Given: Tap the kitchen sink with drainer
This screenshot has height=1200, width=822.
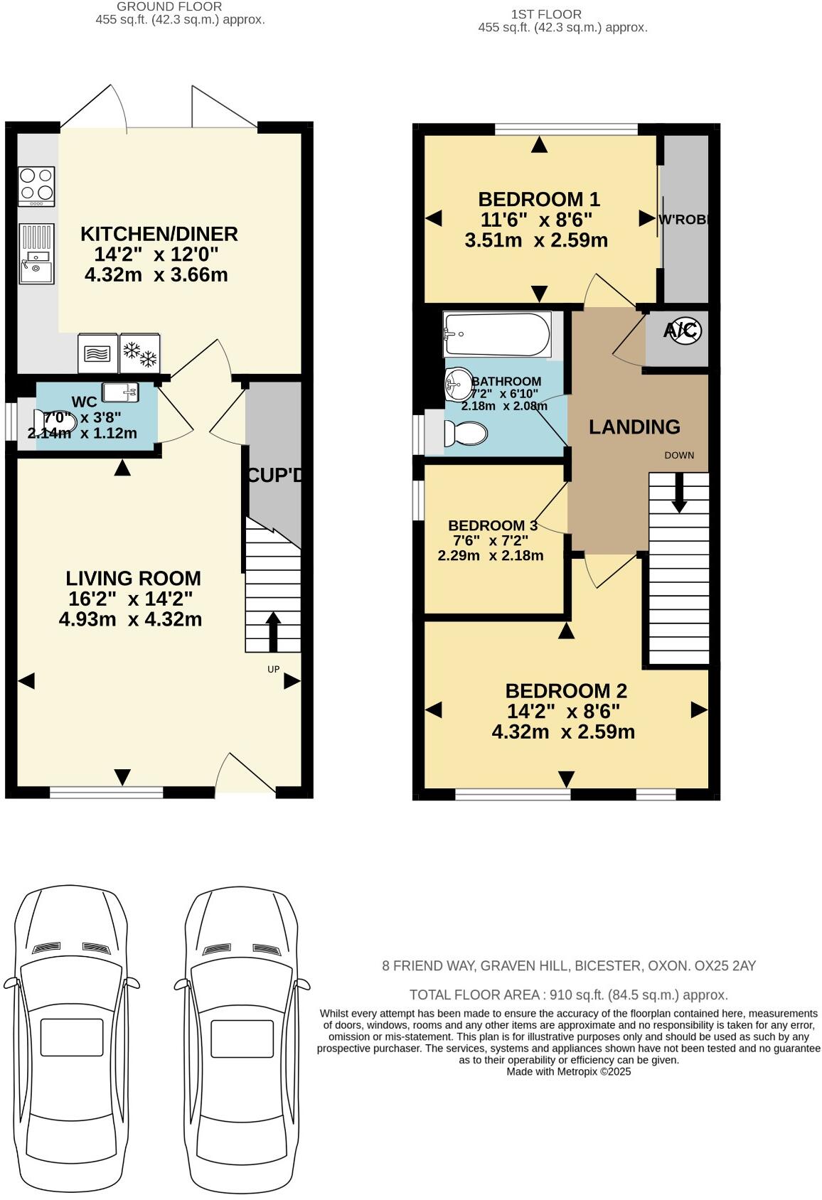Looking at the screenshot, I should pos(36,254).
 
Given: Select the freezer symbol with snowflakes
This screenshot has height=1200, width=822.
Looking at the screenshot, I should pos(140,353).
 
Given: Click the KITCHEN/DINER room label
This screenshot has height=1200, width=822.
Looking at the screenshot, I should pos(159,234).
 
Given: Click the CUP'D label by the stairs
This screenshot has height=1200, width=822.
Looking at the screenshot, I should pos(274,476).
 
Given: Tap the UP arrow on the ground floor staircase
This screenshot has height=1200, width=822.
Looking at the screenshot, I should pos(272,631).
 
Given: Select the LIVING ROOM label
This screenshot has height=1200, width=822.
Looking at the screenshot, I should pos(133,578).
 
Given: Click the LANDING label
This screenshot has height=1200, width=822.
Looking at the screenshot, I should pos(634,427).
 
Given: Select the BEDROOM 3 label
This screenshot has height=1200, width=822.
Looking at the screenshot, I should pos(492,525).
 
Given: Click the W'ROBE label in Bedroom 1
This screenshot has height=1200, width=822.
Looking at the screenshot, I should pos(684,220).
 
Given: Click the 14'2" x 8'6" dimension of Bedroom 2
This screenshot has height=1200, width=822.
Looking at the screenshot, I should pos(563,711).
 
